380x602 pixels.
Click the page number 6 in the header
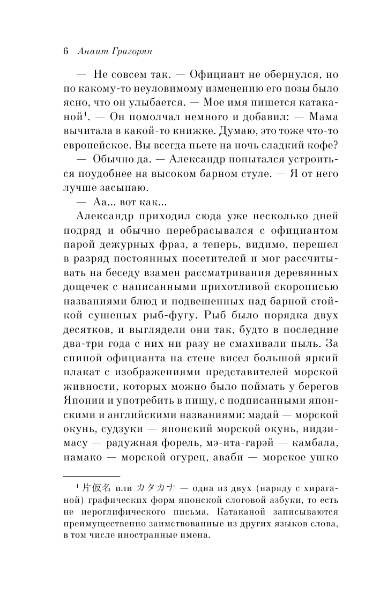[65, 52]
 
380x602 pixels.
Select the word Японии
[81, 399]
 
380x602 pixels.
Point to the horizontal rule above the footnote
[92, 477]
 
